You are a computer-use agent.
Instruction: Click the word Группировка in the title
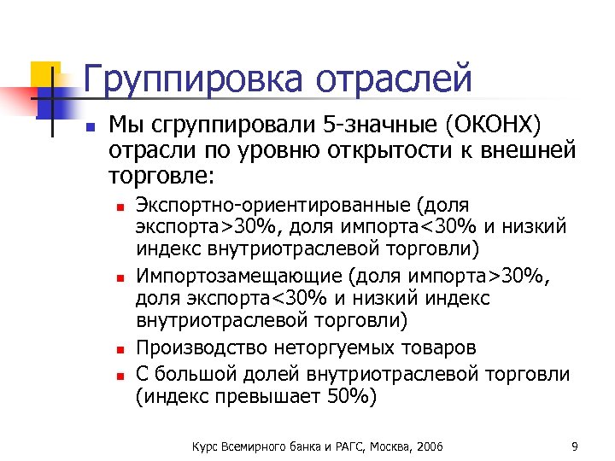(x=193, y=79)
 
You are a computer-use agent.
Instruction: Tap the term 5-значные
(x=378, y=127)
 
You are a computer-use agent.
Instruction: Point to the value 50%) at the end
(x=350, y=396)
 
